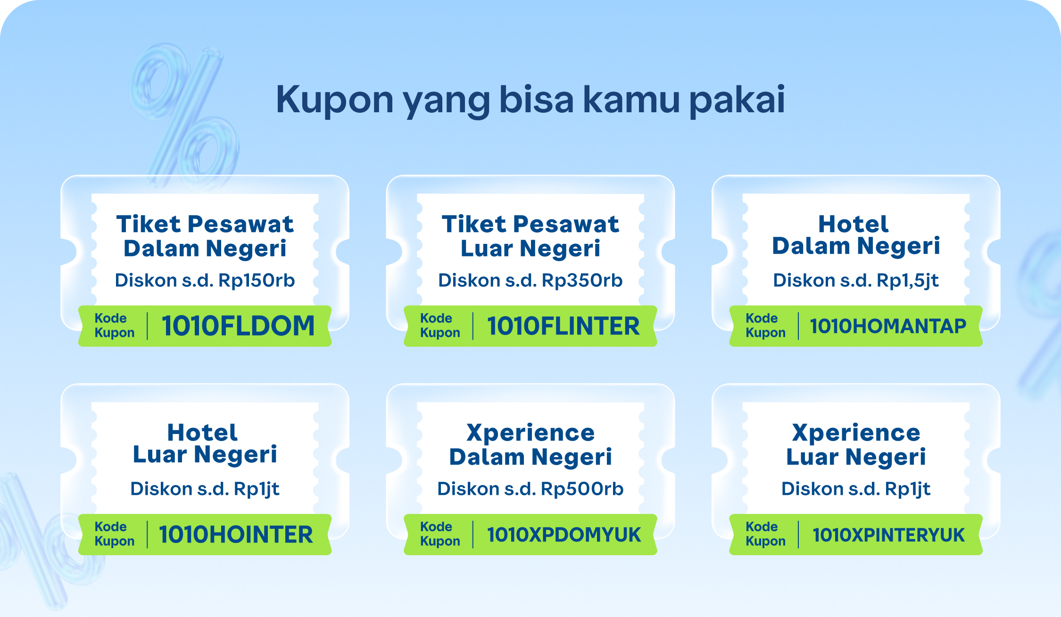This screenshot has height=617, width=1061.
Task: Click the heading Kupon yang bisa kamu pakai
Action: click(x=530, y=100)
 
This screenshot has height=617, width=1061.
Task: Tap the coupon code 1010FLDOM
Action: click(x=238, y=326)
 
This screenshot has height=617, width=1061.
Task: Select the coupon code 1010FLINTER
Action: click(x=564, y=326)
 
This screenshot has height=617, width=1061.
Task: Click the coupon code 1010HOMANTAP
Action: click(x=888, y=326)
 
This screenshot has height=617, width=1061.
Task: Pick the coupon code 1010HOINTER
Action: click(x=236, y=534)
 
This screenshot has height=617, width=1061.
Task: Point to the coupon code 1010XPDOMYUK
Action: click(x=564, y=534)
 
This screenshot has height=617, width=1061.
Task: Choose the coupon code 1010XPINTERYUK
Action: click(x=888, y=534)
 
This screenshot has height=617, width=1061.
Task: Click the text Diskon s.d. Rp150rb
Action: click(x=205, y=280)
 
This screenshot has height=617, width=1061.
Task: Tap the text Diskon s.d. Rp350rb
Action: click(x=530, y=280)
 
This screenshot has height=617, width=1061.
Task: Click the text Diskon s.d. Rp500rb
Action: click(x=530, y=489)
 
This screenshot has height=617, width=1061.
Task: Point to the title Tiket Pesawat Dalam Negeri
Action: click(x=205, y=236)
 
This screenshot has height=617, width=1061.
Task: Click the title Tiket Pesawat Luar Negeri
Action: click(x=530, y=236)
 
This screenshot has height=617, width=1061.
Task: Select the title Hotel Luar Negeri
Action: click(x=205, y=444)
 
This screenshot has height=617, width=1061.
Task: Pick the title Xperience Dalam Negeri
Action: click(x=530, y=445)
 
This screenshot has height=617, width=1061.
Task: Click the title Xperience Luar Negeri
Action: click(x=855, y=445)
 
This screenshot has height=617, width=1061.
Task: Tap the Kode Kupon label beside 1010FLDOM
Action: click(x=115, y=325)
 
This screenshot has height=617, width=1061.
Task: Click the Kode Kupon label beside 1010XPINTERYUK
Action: click(x=765, y=534)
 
